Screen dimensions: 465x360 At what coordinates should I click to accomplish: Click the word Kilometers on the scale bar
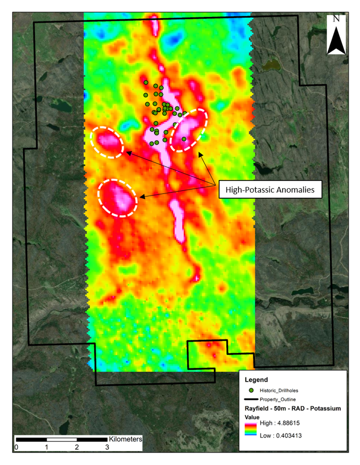tap(125, 439)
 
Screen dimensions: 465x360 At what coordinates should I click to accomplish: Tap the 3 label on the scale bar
tap(107, 447)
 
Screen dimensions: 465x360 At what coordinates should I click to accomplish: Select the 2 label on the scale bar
tap(77, 447)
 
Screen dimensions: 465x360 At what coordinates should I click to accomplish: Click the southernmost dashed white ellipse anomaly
tap(118, 198)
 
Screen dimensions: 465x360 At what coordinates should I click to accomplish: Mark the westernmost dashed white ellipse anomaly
tap(107, 142)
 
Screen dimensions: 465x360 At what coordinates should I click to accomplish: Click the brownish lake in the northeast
tap(272, 64)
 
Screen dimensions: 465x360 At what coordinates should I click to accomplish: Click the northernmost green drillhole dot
tap(146, 82)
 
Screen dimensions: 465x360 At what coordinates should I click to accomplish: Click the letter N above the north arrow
tap(337, 19)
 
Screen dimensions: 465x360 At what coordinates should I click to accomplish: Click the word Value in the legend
tap(252, 416)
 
